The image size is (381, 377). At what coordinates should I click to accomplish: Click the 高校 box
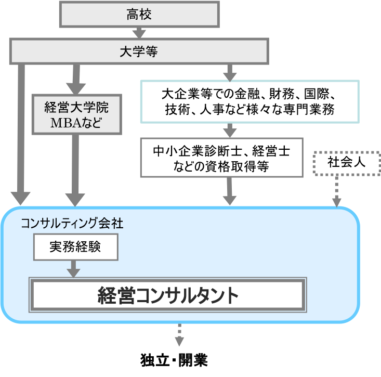click(138, 15)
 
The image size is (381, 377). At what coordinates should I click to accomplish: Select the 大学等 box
click(138, 52)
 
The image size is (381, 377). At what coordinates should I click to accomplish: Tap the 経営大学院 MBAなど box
click(77, 113)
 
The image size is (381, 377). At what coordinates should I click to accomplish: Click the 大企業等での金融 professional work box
click(249, 101)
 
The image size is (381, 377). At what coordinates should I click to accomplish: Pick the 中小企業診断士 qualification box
click(222, 158)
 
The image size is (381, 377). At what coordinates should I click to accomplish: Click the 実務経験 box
click(75, 247)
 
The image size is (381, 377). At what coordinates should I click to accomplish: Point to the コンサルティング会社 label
click(72, 223)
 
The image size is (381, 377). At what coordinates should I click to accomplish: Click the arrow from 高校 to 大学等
click(138, 33)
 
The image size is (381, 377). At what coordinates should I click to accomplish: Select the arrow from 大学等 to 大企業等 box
click(229, 71)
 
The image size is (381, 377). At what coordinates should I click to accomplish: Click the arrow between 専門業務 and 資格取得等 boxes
click(229, 130)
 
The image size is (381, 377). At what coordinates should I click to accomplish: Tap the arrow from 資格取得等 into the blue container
click(229, 191)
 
